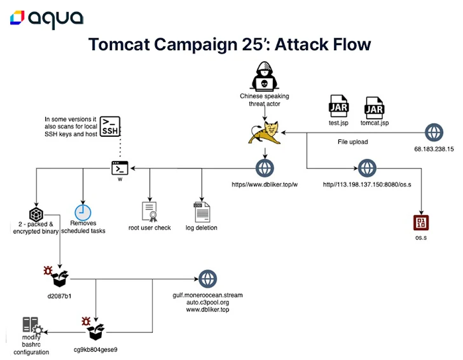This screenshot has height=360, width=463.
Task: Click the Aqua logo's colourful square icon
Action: pos(17,18)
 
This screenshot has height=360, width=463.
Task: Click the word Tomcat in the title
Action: pos(120,45)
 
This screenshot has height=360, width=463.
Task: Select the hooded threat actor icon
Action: pos(265,76)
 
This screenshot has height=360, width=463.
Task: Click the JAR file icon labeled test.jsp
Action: pos(339,106)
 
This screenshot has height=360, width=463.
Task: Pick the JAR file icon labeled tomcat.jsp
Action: pos(375,107)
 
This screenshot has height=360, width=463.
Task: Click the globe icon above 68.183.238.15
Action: pos(434,132)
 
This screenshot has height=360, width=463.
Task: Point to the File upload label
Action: pos(353,142)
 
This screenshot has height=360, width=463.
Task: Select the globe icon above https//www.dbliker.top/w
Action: pos(265,169)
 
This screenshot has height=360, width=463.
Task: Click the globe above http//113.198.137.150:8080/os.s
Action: pos(367,169)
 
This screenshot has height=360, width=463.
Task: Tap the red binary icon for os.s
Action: pos(421,223)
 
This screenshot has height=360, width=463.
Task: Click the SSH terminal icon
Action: pos(110,127)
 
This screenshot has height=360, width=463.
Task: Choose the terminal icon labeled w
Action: pos(120,168)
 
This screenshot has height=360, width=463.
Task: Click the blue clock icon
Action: pos(83,212)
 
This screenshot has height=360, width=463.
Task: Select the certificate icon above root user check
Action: pos(149,212)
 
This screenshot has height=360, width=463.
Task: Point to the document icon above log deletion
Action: pos(202,212)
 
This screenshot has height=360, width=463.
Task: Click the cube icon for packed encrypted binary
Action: pos(36,214)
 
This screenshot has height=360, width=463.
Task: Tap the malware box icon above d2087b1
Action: pos(57,277)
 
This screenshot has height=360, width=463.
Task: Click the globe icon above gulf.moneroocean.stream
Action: pos(207,279)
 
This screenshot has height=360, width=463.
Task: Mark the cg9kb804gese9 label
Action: pos(95,350)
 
